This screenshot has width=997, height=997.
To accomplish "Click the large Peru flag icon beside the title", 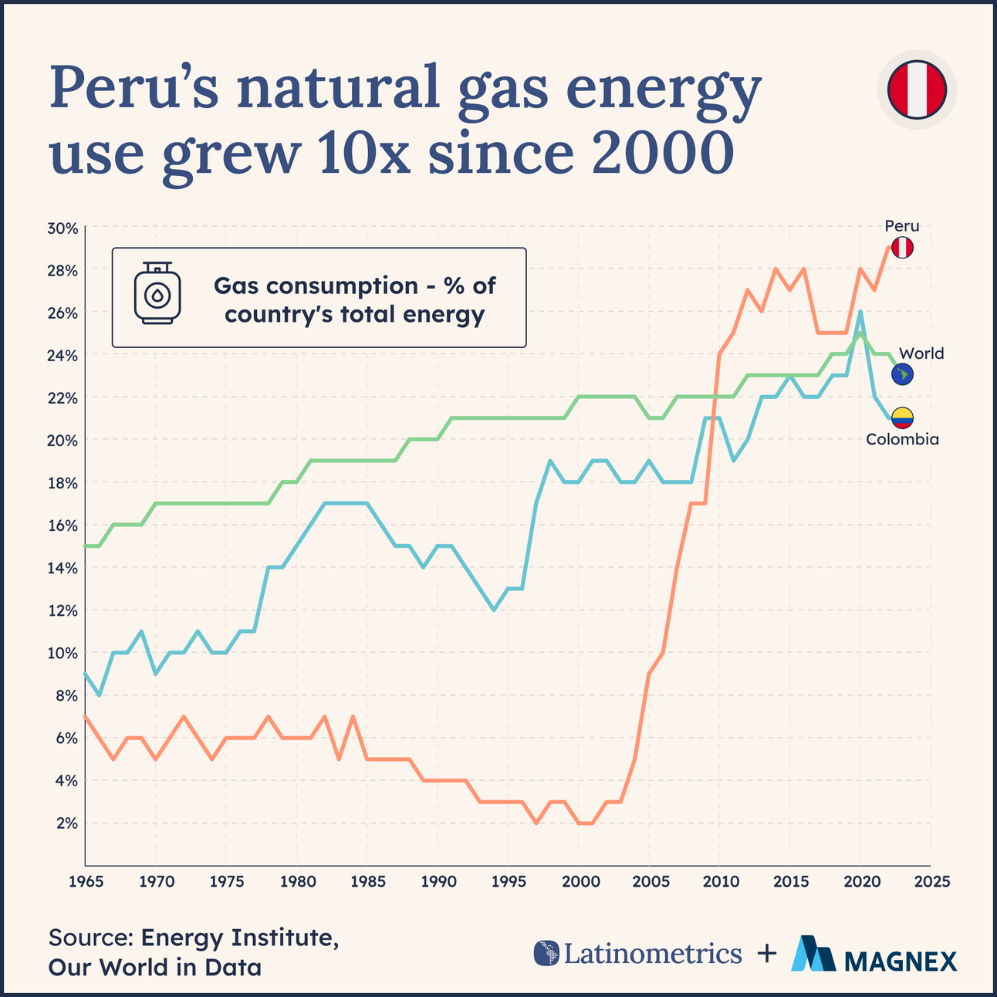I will [x=917, y=90].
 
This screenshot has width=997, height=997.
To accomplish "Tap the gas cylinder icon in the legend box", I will [x=157, y=294].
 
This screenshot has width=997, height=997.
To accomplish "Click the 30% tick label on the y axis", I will [x=63, y=228].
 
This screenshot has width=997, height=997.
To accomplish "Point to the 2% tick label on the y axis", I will [x=66, y=823].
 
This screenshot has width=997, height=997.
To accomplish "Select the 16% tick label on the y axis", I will [x=63, y=526].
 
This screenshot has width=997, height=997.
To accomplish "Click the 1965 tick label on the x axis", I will [x=84, y=880].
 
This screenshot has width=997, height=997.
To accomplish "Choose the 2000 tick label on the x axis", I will [x=578, y=880].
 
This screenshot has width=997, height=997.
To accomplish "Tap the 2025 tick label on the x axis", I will [x=930, y=880].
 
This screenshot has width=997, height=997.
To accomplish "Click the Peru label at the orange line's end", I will [x=901, y=226].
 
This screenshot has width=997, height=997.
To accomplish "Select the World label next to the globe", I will [x=921, y=353].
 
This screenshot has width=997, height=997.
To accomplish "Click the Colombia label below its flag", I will [x=902, y=440].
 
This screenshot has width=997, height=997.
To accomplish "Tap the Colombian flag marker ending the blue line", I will [x=902, y=418].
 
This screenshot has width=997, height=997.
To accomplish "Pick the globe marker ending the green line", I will [x=902, y=375].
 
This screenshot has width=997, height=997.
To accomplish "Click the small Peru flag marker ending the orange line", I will [x=902, y=248].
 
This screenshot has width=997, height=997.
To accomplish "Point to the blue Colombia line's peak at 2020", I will [x=860, y=313].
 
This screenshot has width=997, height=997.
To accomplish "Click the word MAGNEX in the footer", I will [x=901, y=961].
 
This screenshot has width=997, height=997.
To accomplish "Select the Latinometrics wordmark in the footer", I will [x=652, y=954].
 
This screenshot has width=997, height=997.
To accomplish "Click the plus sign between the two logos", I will [x=766, y=954].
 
